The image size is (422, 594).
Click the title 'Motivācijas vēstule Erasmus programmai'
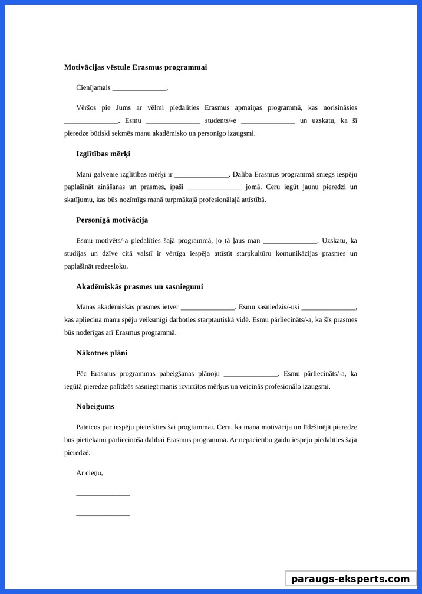(136, 67)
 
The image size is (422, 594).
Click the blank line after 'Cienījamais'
(139, 89)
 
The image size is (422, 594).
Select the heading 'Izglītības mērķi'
(103, 154)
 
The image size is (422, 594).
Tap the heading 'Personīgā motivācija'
(112, 220)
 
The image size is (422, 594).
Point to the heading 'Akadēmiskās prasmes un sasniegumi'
(139, 286)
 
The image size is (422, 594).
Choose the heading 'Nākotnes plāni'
(101, 353)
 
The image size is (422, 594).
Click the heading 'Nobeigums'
(95, 406)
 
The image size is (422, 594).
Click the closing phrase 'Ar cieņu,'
(90, 473)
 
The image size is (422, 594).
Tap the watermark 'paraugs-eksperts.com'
(351, 579)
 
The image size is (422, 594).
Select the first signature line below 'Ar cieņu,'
(103, 495)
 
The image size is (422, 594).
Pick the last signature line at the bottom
(103, 515)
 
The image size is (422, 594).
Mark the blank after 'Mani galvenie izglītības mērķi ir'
(202, 175)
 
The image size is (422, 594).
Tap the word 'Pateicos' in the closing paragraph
(89, 426)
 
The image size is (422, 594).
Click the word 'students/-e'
(220, 120)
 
